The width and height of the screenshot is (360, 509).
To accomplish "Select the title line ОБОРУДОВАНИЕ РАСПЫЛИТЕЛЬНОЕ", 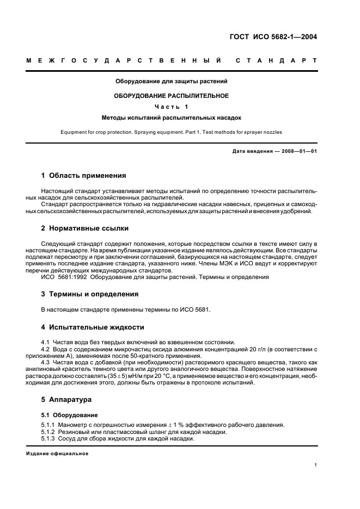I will coord(171,95).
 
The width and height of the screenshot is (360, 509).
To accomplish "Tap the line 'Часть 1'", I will coord(171,106).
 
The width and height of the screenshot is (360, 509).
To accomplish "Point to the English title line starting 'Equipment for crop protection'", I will coord(171,132).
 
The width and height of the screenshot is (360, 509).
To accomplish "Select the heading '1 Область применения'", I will coord(84,176).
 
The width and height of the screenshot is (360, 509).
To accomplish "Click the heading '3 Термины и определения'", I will coord(90,294).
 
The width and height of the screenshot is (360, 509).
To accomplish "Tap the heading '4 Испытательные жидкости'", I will coord(93,327).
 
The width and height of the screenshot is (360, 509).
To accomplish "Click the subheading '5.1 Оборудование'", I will coord(65,414).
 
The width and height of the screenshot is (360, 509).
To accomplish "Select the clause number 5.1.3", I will coord(49,439).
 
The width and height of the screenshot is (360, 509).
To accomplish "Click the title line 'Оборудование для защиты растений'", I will coord(171,82).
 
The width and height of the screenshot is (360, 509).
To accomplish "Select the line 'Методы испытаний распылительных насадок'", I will coord(171,117).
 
